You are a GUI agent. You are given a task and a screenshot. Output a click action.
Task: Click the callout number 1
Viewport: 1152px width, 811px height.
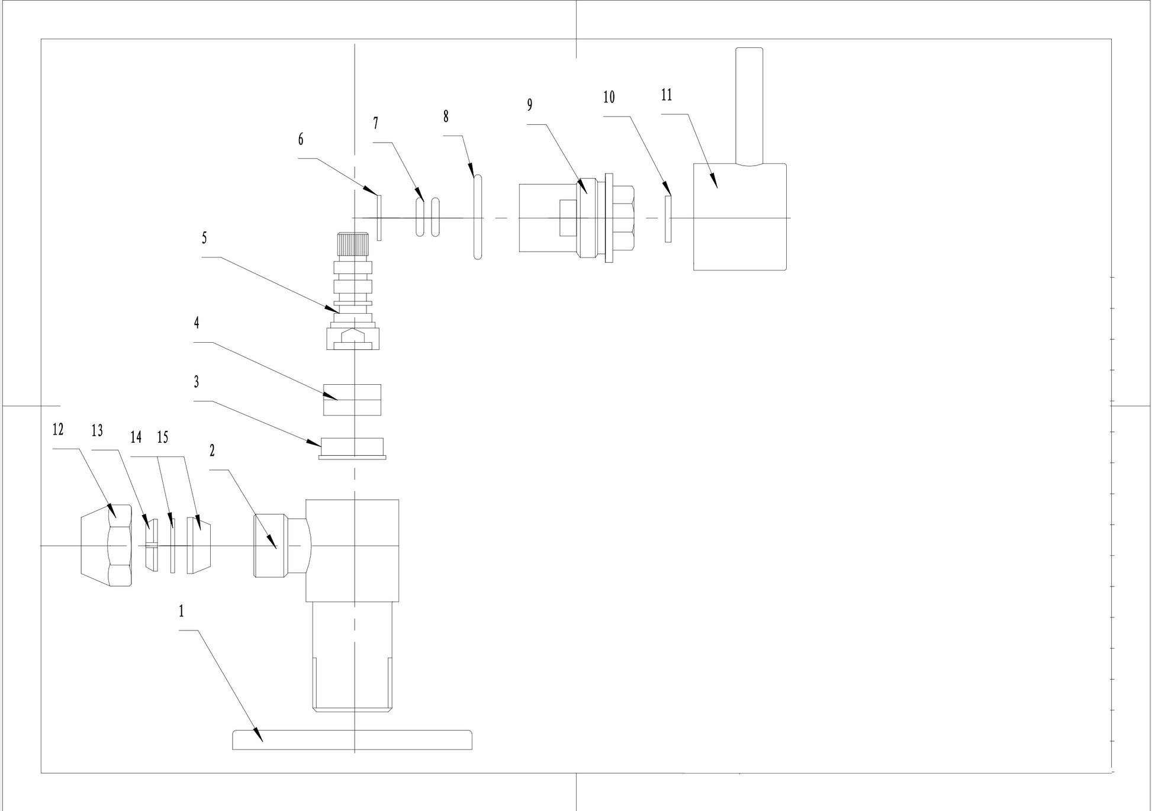pyautogui.click(x=181, y=612)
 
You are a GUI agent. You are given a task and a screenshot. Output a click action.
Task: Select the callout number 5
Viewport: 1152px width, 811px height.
pyautogui.click(x=204, y=238)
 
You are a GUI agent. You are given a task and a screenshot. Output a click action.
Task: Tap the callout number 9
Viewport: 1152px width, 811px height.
pyautogui.click(x=530, y=105)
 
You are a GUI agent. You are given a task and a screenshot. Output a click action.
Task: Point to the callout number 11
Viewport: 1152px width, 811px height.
pyautogui.click(x=667, y=95)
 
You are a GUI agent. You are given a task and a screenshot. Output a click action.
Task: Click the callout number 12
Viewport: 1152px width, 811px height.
pyautogui.click(x=57, y=429)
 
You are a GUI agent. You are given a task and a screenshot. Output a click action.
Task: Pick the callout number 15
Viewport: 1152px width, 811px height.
pyautogui.click(x=162, y=437)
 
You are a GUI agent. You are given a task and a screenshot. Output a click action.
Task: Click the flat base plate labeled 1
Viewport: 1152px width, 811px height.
pyautogui.click(x=352, y=740)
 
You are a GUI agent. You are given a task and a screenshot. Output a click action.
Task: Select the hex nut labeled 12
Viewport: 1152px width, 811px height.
pyautogui.click(x=107, y=545)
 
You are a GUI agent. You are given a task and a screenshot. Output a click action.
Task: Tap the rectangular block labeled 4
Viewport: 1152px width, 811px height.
pyautogui.click(x=352, y=400)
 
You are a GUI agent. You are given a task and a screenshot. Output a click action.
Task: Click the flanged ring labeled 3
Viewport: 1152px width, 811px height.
pyautogui.click(x=352, y=448)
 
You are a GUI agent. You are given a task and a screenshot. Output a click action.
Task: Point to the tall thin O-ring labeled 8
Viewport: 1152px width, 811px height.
pyautogui.click(x=478, y=217)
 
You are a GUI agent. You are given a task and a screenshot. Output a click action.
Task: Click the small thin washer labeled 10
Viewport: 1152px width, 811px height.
pyautogui.click(x=668, y=218)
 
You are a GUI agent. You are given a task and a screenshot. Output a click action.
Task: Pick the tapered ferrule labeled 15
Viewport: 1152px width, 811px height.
pyautogui.click(x=199, y=545)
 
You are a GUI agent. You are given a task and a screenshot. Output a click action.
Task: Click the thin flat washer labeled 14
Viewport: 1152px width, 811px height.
pyautogui.click(x=173, y=545)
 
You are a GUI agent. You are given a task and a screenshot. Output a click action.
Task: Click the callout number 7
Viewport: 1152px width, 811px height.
pyautogui.click(x=375, y=123)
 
